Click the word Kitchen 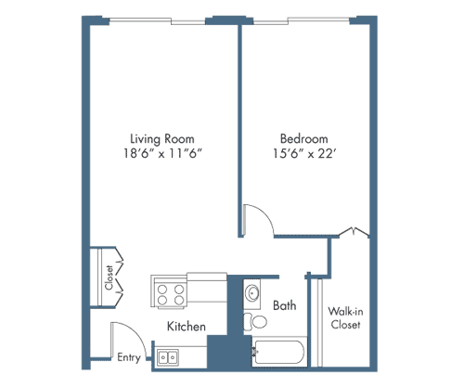point(186,327)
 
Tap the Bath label point(284,304)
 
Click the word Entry point(129,357)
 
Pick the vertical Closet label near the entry point(109,277)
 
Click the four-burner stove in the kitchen point(170,294)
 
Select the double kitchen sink point(169,355)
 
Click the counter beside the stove point(206,286)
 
